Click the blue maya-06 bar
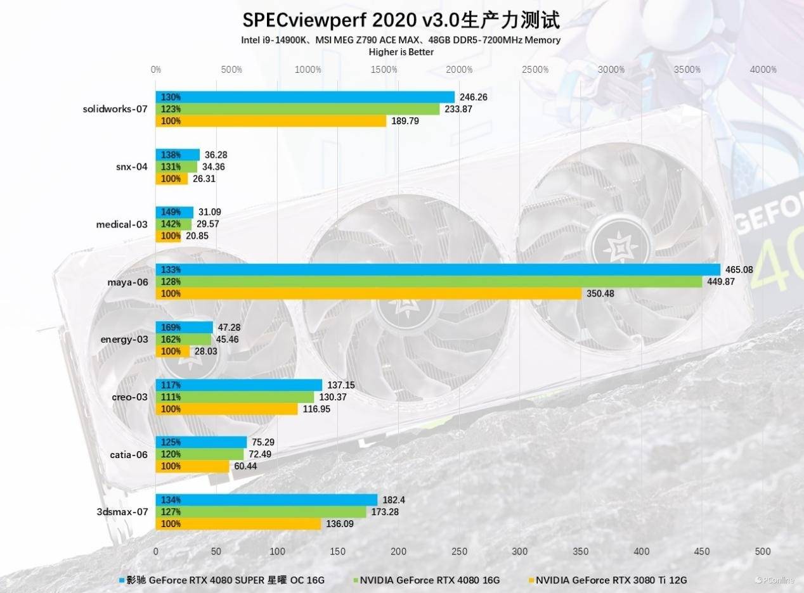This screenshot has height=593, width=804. (438, 269)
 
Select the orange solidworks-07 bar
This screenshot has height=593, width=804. (271, 121)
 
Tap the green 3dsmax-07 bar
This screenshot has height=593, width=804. (261, 512)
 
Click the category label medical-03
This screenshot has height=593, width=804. (122, 224)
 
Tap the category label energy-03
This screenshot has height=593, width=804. (124, 339)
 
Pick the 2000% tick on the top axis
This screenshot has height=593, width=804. (459, 70)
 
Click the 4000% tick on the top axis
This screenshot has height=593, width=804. (763, 70)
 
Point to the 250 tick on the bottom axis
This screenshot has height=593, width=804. (459, 551)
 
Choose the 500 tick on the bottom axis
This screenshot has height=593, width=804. (763, 551)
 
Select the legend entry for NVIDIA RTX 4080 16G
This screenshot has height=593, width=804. (430, 580)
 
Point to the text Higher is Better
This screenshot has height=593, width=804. (401, 52)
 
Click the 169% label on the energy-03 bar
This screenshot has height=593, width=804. (171, 328)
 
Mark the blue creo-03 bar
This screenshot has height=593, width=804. (239, 385)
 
